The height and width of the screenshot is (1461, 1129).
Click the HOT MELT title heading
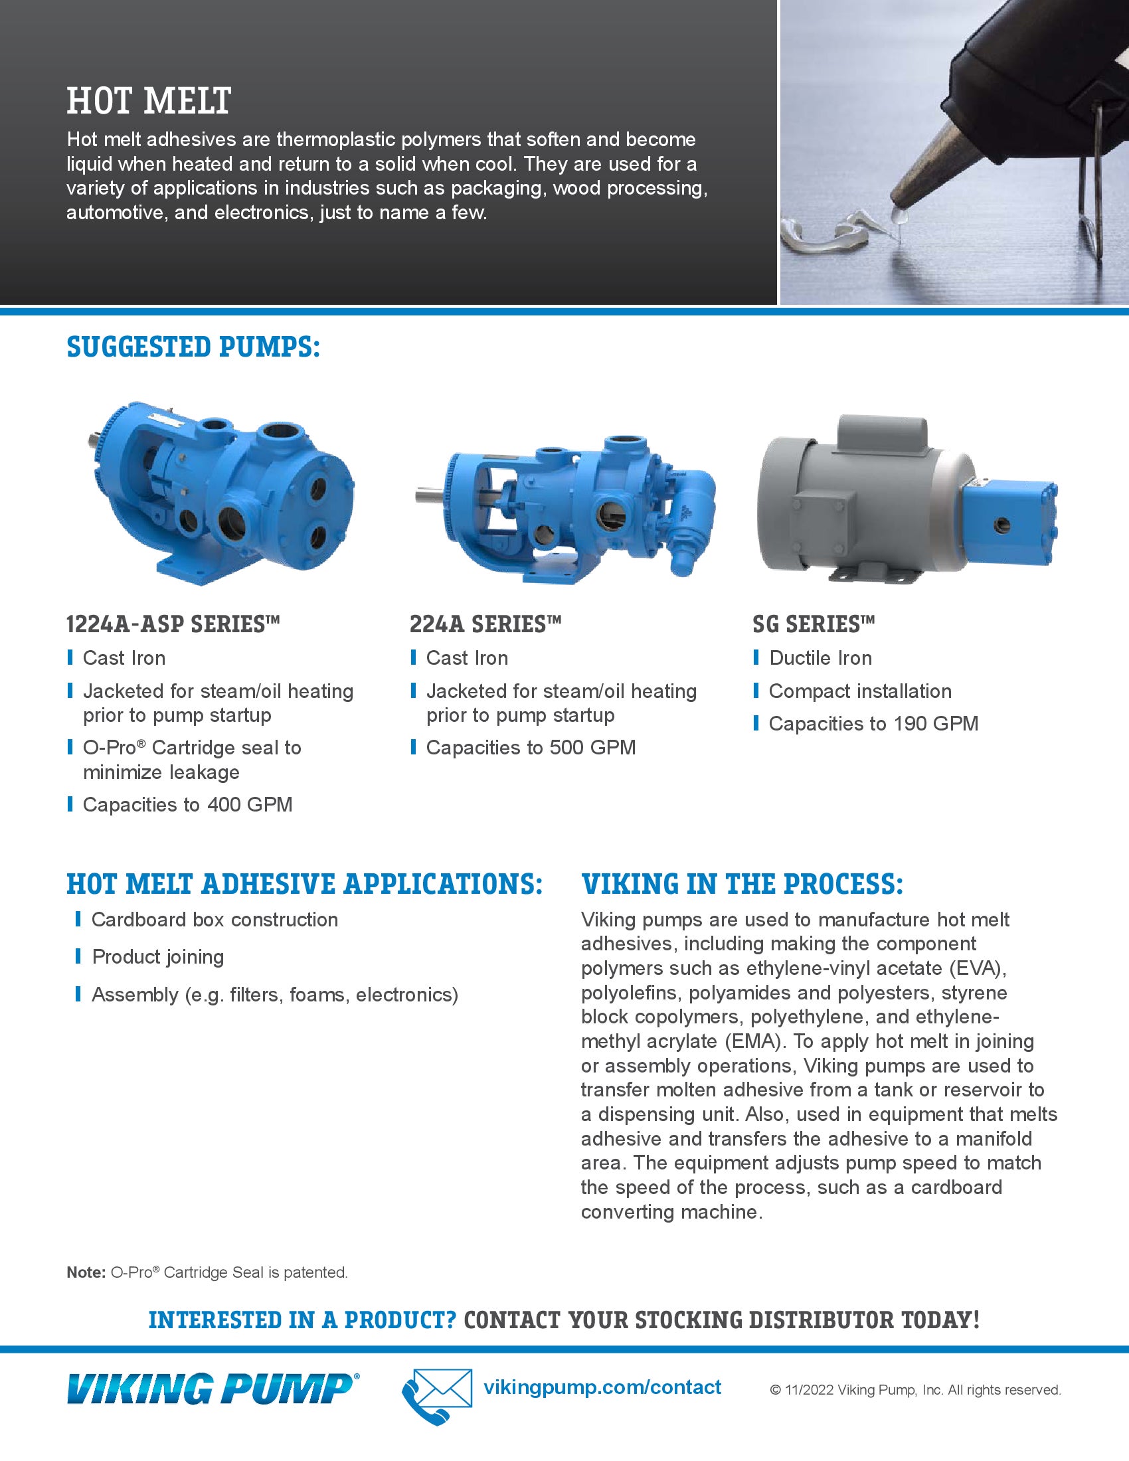pyautogui.click(x=149, y=101)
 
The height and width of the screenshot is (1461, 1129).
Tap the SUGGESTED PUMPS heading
pyautogui.click(x=193, y=347)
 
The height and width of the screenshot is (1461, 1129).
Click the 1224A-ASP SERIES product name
pyautogui.click(x=173, y=624)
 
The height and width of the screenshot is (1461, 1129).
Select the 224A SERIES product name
pyautogui.click(x=485, y=624)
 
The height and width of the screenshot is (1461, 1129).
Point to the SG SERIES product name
pyautogui.click(x=814, y=624)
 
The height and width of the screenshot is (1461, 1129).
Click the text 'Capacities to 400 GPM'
pyautogui.click(x=187, y=804)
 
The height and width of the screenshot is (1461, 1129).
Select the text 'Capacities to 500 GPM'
pyautogui.click(x=531, y=747)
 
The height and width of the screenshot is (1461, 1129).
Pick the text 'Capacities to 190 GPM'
pyautogui.click(x=873, y=723)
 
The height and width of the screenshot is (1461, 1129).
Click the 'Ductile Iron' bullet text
pyautogui.click(x=820, y=657)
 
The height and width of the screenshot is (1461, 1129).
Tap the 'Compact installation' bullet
pyautogui.click(x=859, y=691)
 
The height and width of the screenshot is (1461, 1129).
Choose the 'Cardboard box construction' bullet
pyautogui.click(x=214, y=920)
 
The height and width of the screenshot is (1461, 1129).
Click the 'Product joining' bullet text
pyautogui.click(x=158, y=956)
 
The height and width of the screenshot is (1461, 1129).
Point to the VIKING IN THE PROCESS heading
pyautogui.click(x=742, y=884)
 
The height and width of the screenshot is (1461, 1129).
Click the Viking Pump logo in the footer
pyautogui.click(x=213, y=1388)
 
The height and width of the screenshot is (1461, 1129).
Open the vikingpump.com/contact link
pyautogui.click(x=602, y=1387)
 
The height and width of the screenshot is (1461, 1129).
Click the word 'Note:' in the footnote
pyautogui.click(x=86, y=1272)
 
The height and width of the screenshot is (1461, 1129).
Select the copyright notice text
pyautogui.click(x=915, y=1390)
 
